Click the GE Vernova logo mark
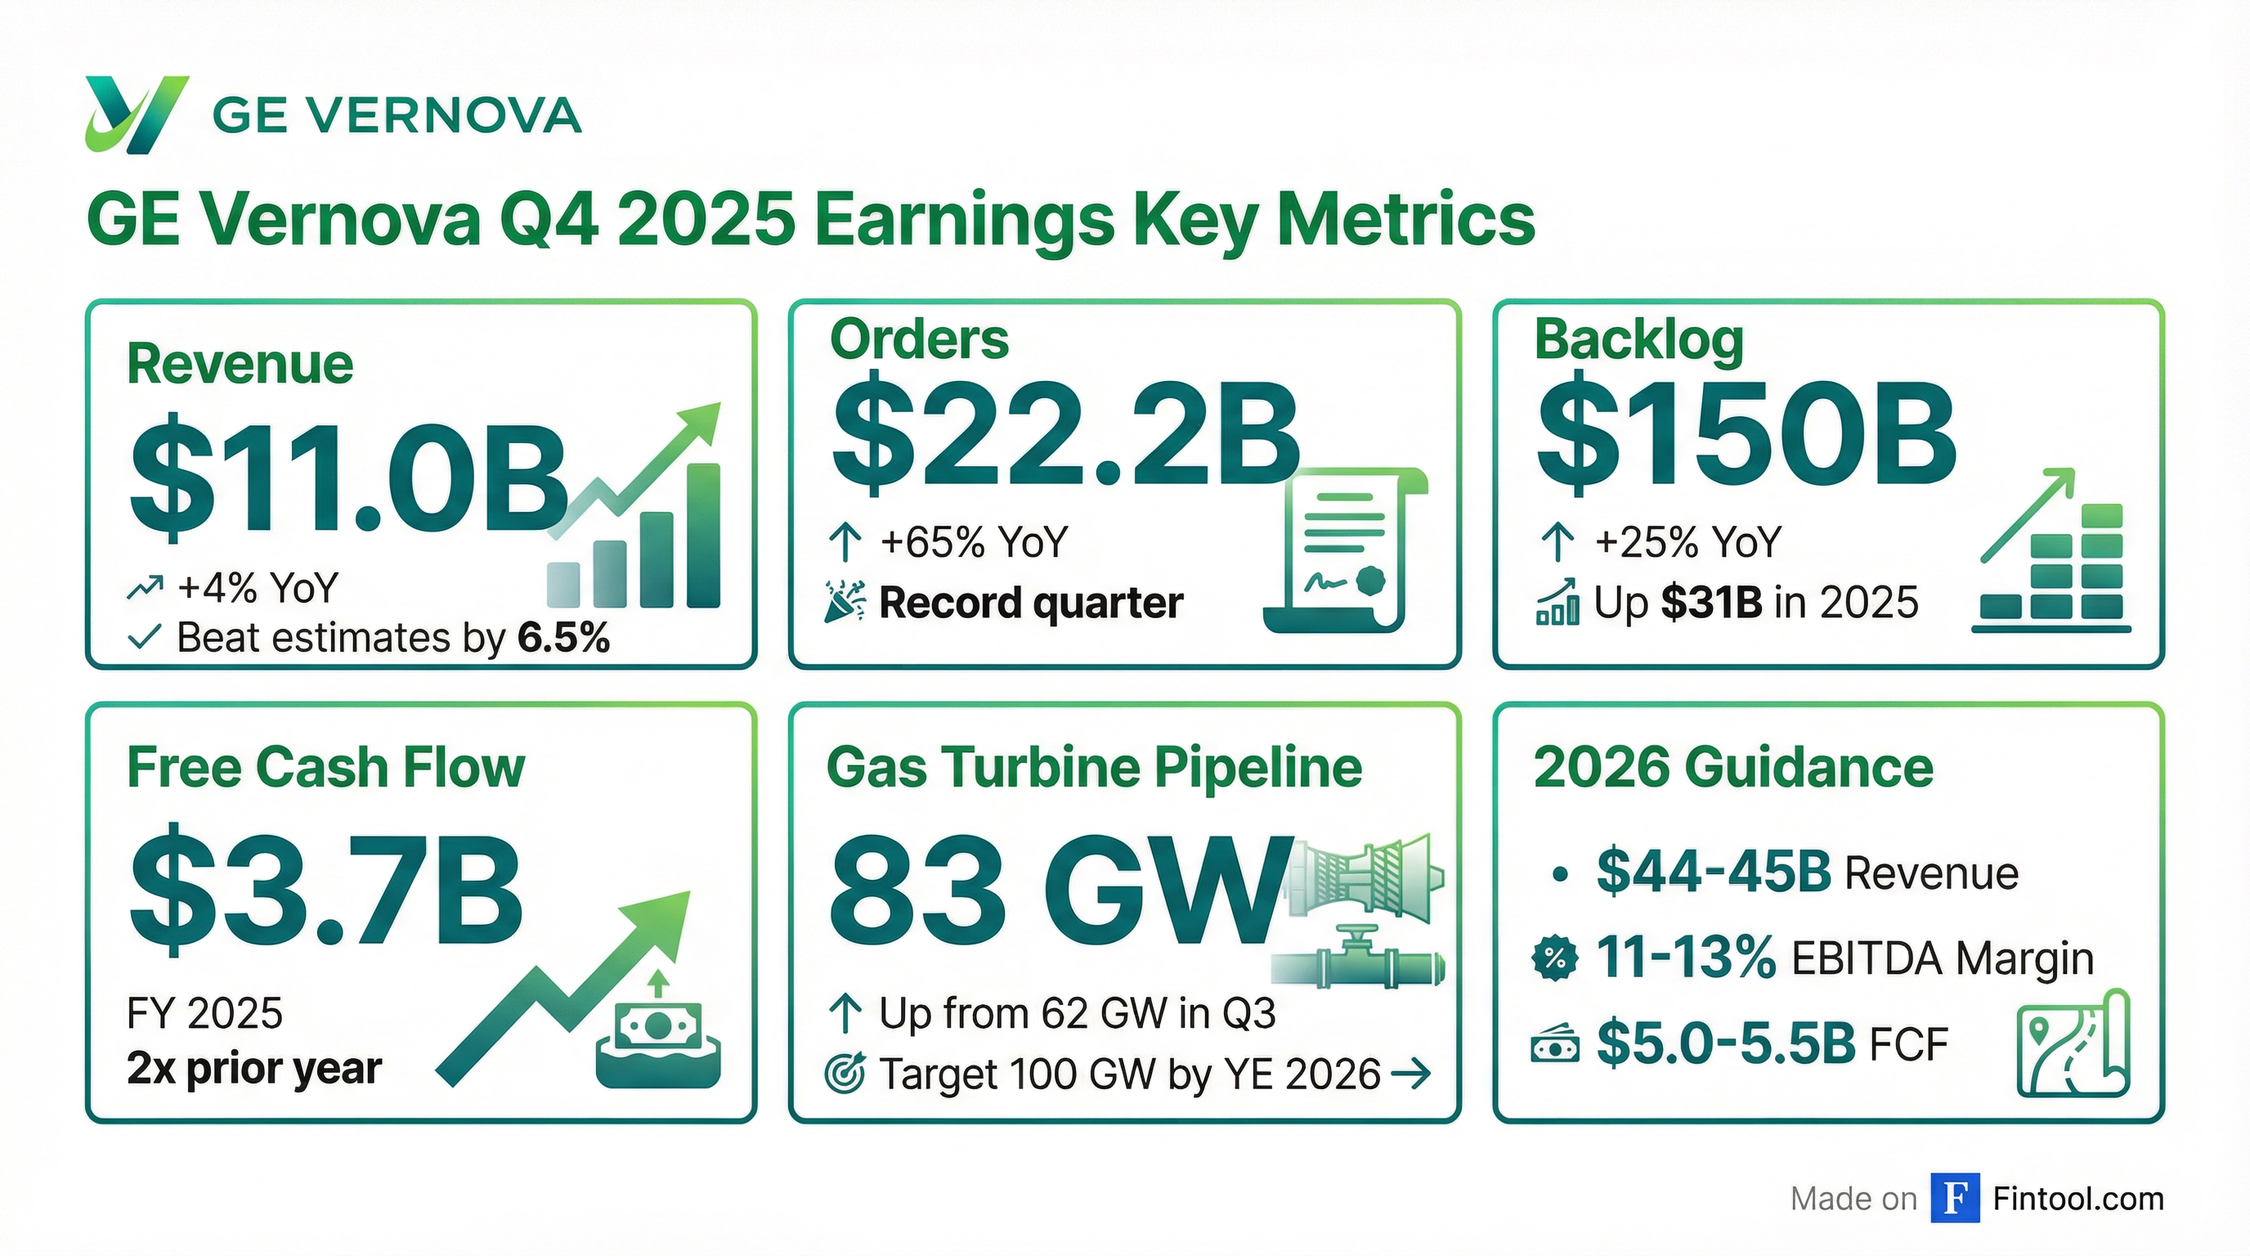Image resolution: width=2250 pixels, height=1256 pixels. tap(136, 114)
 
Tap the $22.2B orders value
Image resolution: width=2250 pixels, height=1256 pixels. tap(1064, 436)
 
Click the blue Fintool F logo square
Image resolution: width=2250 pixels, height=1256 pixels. tap(1955, 1199)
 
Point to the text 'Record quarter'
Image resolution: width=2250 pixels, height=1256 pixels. tap(1031, 603)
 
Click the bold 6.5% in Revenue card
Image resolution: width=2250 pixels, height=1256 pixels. tap(563, 638)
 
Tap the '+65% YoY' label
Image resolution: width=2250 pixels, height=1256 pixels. tap(974, 541)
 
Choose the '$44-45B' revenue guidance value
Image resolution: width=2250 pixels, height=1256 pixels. tap(1712, 872)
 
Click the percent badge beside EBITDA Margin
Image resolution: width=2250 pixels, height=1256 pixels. tap(1555, 958)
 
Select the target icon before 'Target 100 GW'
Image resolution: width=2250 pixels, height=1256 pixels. tap(845, 1074)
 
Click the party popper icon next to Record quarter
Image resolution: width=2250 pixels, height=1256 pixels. tap(845, 602)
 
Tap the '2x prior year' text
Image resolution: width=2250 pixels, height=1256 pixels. tap(254, 1068)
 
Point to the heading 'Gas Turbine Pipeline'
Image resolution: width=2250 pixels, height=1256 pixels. tap(1094, 767)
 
